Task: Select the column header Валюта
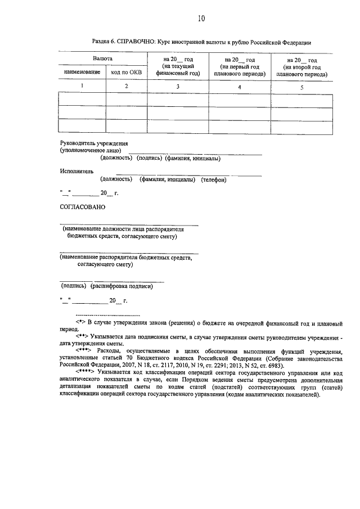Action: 102,58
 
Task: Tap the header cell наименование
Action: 82,73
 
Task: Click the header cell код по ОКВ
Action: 126,73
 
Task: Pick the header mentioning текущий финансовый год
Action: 178,66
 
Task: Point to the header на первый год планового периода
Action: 240,66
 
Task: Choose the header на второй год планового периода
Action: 301,66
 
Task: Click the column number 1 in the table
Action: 82,85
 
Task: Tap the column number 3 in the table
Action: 178,86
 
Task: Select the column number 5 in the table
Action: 301,87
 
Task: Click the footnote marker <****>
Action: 84,372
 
